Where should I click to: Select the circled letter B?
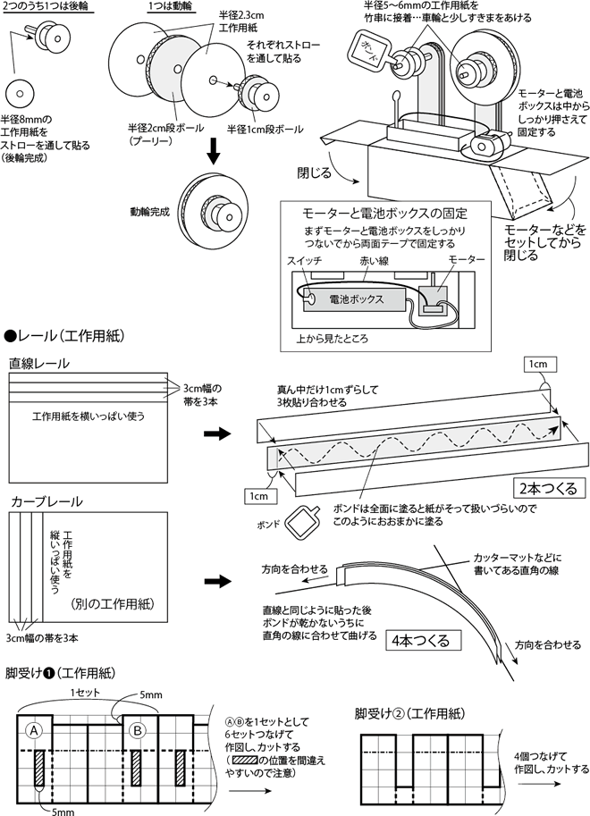(x=136, y=728)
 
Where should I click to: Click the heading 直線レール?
(x=39, y=364)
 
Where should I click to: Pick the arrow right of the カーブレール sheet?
(x=215, y=580)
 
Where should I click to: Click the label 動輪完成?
(x=148, y=214)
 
